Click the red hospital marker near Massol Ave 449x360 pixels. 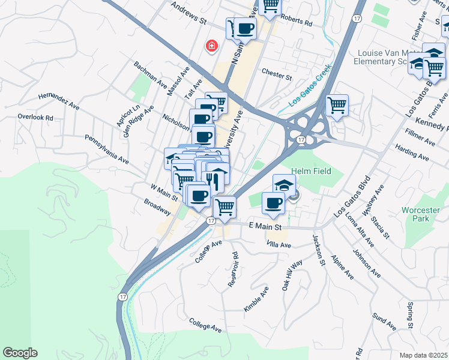coord(211,46)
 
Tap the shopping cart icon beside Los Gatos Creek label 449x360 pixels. coord(337,106)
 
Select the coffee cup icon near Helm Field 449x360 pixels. coord(274,203)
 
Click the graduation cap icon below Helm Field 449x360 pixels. coord(284,184)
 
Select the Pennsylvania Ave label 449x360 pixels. coord(106,150)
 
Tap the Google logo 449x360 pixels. coord(20,353)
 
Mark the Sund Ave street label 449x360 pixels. coord(384,322)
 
